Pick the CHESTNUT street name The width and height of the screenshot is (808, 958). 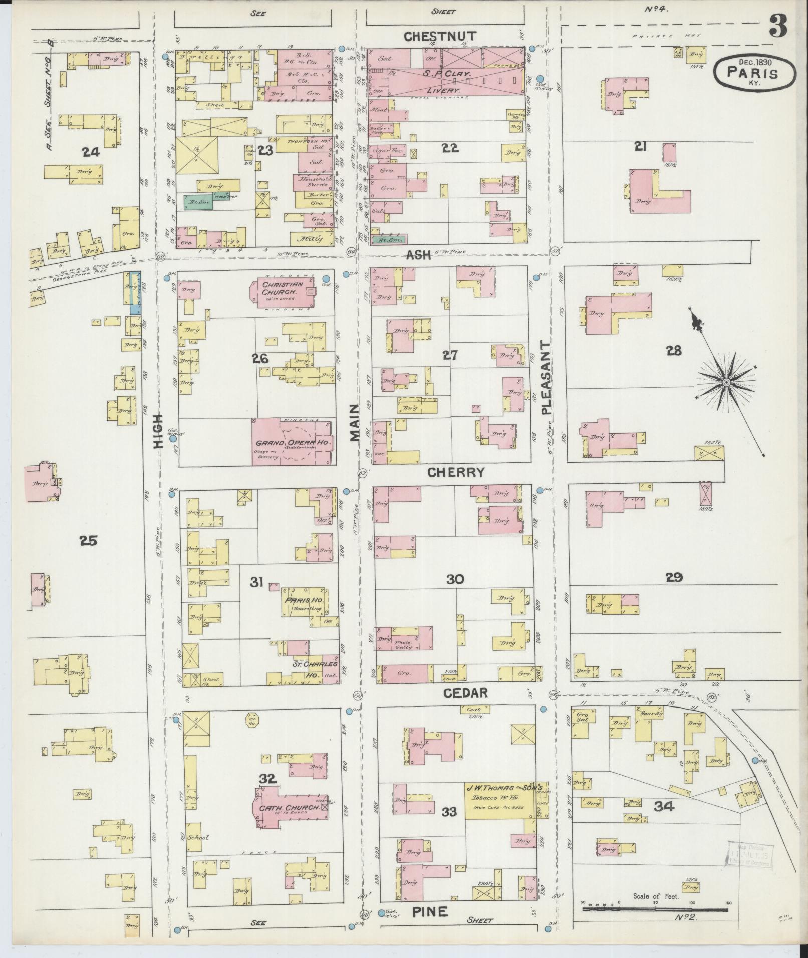[440, 36]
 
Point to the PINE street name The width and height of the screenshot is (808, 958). [430, 912]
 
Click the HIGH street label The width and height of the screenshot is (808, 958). [159, 430]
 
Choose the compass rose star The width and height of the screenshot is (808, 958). [725, 383]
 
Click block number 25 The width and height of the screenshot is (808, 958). [88, 540]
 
